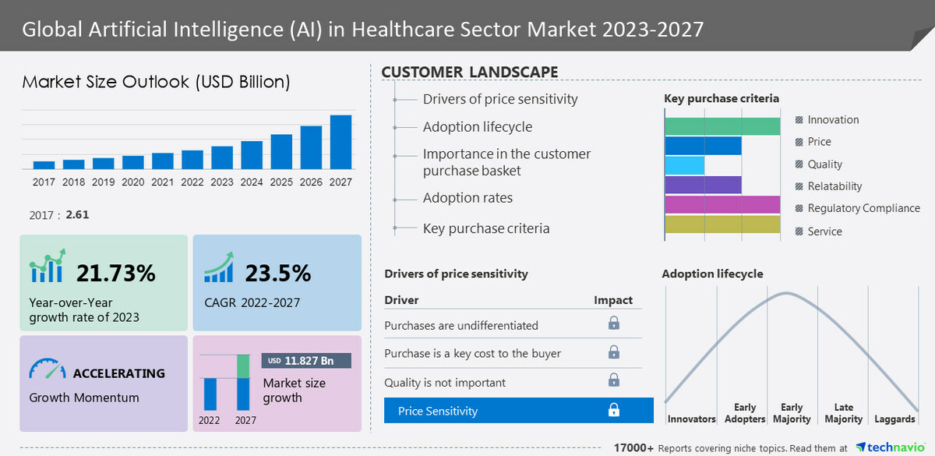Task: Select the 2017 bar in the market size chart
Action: (44, 164)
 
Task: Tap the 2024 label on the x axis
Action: (252, 182)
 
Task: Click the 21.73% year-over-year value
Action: (116, 273)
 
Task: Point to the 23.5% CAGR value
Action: (277, 273)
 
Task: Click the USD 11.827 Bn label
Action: (306, 361)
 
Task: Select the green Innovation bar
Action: (722, 126)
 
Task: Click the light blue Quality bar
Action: (684, 165)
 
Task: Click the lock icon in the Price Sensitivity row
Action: (614, 410)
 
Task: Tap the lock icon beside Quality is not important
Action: (614, 381)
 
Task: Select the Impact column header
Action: (613, 300)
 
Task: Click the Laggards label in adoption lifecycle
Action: (894, 419)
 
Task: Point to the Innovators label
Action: (691, 419)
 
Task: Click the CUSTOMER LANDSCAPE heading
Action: (469, 72)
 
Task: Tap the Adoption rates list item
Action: (467, 198)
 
